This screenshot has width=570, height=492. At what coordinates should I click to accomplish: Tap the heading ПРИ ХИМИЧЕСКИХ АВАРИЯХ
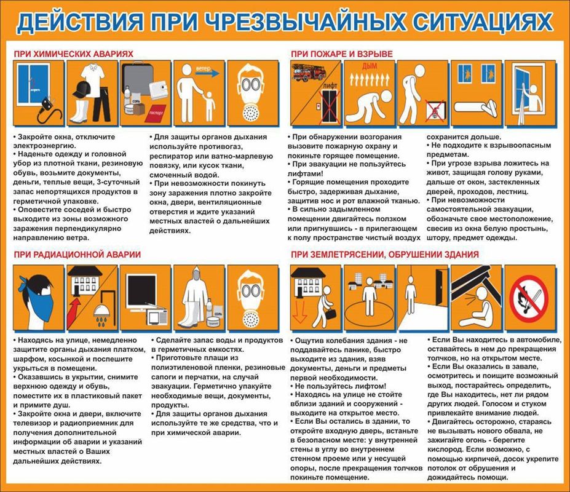coord(73,54)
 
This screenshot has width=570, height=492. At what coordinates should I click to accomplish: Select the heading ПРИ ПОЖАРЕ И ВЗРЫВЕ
coord(342,54)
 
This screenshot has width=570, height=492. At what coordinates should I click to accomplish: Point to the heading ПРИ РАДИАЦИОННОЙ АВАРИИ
coord(77,254)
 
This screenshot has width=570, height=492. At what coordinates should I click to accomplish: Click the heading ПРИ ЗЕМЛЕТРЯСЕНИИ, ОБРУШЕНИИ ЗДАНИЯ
coord(384,255)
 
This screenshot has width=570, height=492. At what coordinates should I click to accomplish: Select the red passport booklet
coord(156,113)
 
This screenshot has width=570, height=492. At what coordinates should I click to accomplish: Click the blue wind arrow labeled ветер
coord(207,73)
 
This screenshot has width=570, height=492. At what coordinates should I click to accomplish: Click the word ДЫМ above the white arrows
coord(370,66)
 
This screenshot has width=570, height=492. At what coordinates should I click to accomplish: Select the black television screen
coord(142,291)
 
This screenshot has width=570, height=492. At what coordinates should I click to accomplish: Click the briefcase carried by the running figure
coord(331,314)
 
